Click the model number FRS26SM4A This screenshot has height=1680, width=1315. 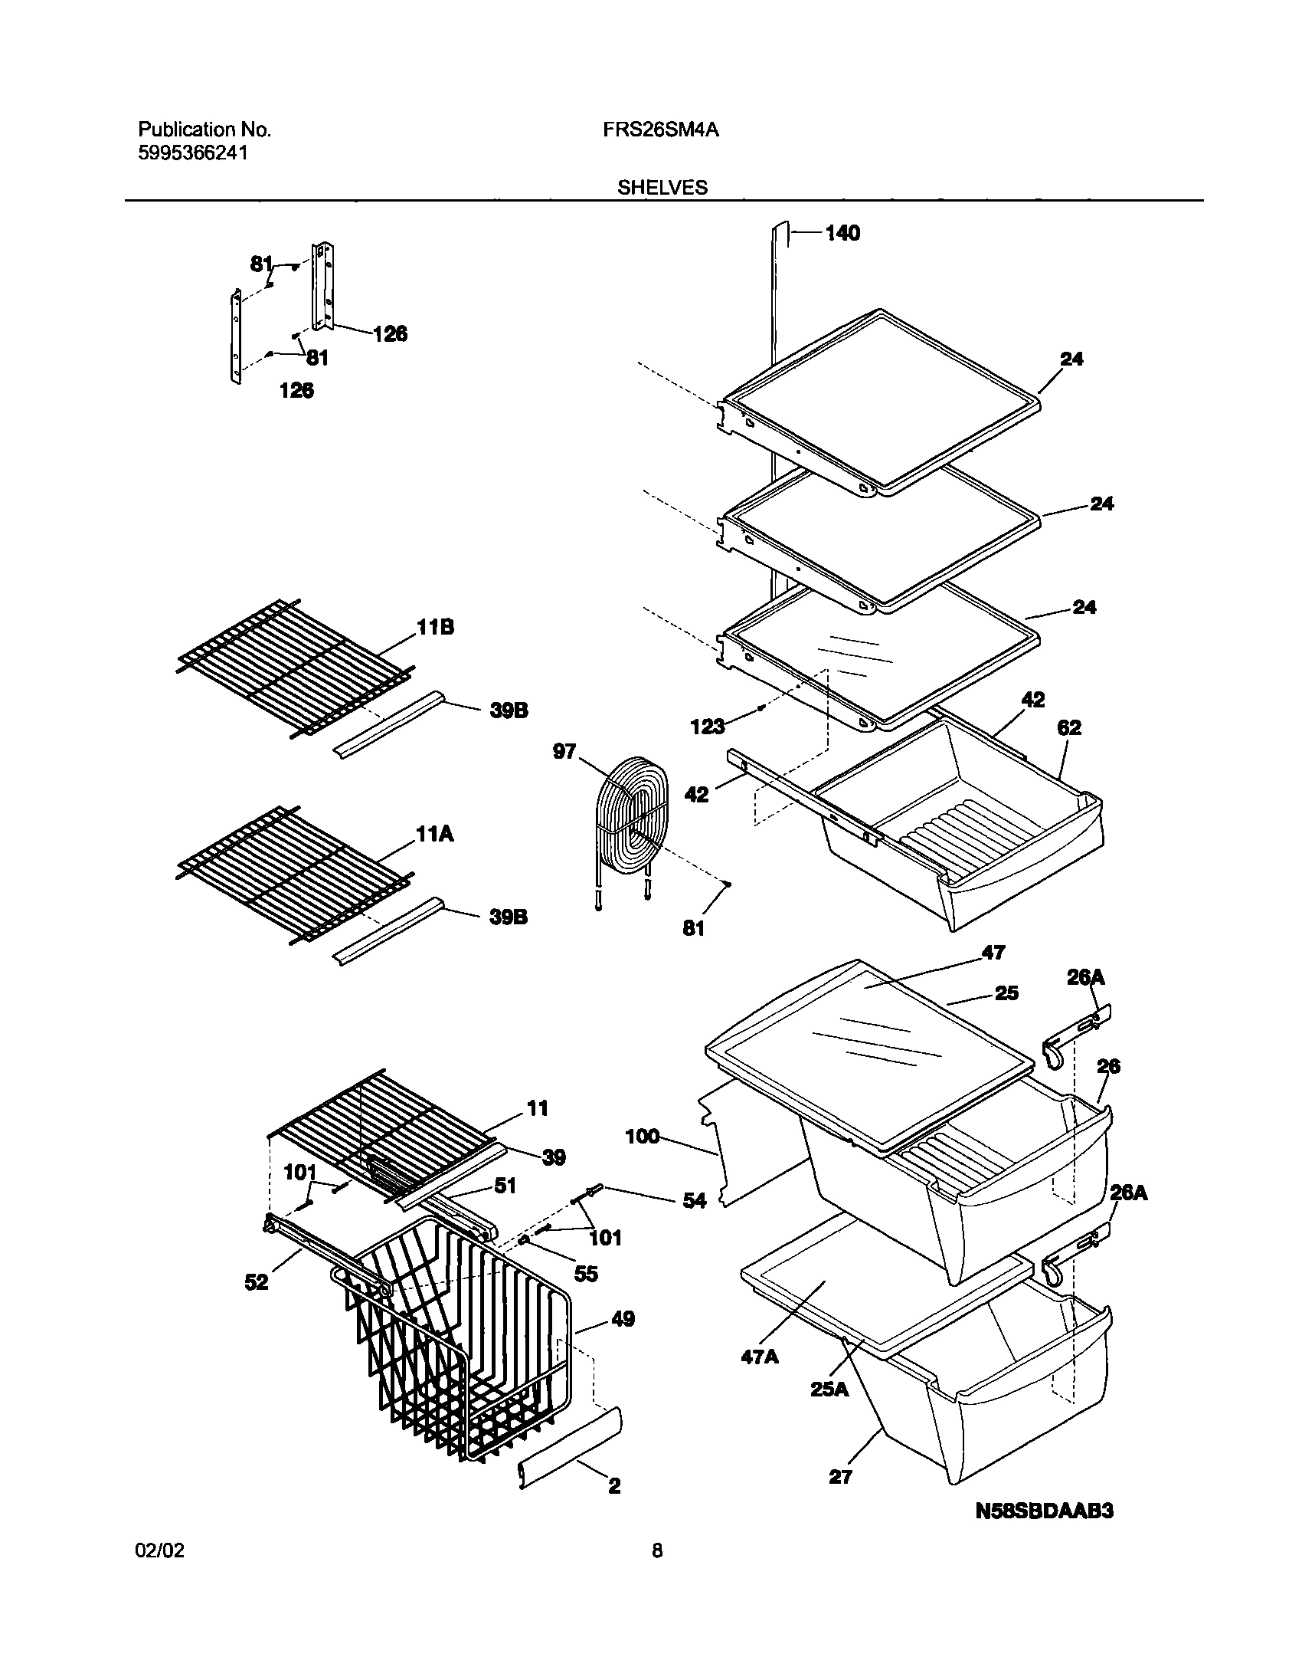click(661, 130)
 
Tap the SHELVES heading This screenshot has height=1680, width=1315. click(662, 188)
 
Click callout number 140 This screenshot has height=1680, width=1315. click(842, 233)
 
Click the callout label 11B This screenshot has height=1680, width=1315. click(436, 628)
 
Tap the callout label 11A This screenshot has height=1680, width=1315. click(435, 833)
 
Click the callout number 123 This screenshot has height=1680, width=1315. click(707, 726)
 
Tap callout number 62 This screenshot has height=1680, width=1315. click(1068, 727)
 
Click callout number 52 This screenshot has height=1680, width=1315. click(257, 1282)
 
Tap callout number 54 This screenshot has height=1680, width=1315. click(695, 1200)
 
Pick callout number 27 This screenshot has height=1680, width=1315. click(840, 1477)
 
